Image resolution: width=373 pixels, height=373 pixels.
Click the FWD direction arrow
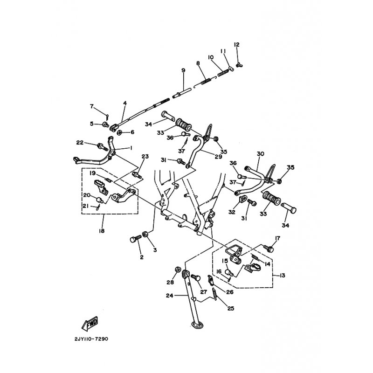pos(90,324)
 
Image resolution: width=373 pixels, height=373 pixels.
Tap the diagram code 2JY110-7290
pos(91,339)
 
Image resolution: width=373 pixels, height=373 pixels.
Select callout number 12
pos(236,44)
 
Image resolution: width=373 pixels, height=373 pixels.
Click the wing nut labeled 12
pos(239,64)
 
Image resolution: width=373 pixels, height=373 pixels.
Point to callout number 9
pos(183,70)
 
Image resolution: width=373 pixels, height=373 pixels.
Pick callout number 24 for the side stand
pos(169,296)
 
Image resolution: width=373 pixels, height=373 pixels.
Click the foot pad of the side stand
pos(197,325)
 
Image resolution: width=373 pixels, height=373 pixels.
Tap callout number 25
pos(231,309)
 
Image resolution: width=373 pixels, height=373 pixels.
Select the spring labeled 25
pos(214,294)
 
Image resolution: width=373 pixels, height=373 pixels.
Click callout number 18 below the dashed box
pos(102,231)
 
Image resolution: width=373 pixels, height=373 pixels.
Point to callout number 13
pos(282,276)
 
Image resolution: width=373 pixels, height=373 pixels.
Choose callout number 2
pos(142,257)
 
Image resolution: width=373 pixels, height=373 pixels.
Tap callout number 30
pos(261,154)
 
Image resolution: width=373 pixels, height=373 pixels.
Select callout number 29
pos(218,157)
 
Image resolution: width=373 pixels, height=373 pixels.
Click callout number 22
pos(80,143)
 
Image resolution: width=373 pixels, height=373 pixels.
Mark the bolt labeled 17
pos(269,249)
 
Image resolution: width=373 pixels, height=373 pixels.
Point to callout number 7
pos(92,106)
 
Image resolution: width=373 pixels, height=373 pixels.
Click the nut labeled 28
pos(177,269)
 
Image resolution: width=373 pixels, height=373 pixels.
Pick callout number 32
pos(232,212)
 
